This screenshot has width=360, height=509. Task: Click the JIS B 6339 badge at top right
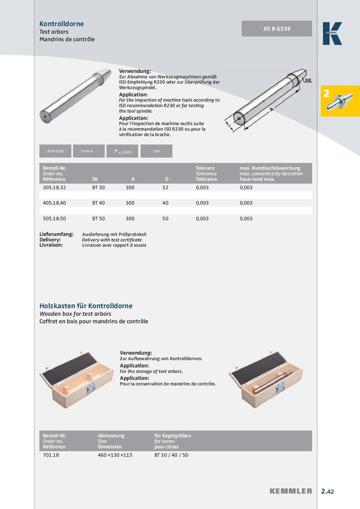[x=277, y=29]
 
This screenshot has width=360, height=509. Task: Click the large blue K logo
[x=332, y=34]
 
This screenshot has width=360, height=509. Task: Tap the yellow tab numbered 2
[x=340, y=101]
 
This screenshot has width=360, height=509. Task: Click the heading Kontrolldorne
[x=62, y=24]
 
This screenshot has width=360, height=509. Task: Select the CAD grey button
[x=156, y=151]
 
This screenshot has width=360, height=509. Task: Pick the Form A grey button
[x=86, y=151]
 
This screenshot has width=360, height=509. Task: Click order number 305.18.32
[x=54, y=187]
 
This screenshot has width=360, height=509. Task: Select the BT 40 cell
[x=99, y=203]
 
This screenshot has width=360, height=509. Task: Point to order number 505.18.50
[x=54, y=219]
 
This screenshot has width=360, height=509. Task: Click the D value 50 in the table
[x=165, y=219]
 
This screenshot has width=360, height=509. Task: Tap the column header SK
[x=94, y=179]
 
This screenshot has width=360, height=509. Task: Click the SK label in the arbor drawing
[x=308, y=80]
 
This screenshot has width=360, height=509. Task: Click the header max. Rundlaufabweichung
[x=270, y=168]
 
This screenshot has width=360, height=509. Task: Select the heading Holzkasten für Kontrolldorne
[x=86, y=306]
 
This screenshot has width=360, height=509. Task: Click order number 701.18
[x=51, y=455]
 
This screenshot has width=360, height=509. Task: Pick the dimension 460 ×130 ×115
[x=115, y=455]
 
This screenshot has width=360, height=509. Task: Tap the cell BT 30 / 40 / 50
[x=171, y=455]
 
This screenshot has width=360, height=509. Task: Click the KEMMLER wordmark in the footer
[x=291, y=491]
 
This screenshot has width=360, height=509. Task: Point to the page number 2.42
[x=327, y=491]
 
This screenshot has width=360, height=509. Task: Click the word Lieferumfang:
[x=56, y=234]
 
